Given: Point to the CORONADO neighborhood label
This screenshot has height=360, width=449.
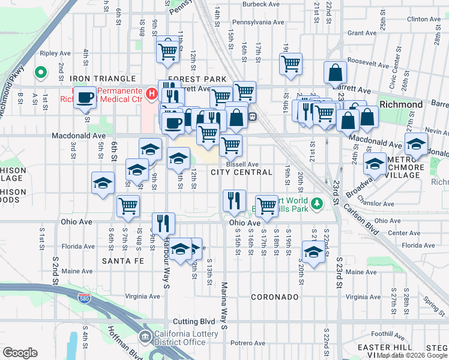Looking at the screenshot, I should click(274, 297).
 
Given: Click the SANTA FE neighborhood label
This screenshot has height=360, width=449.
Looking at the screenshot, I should click(123, 261).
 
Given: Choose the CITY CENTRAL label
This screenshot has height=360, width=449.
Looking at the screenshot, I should click(241, 172).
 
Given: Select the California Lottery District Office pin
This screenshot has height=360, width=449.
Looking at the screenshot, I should click(146, 337).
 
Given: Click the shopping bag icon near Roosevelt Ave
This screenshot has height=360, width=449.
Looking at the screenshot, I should click(336, 73).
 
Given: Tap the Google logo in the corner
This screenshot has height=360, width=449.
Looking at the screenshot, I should click(20, 353).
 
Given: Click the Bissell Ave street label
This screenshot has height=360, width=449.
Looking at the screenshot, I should click(243, 164).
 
